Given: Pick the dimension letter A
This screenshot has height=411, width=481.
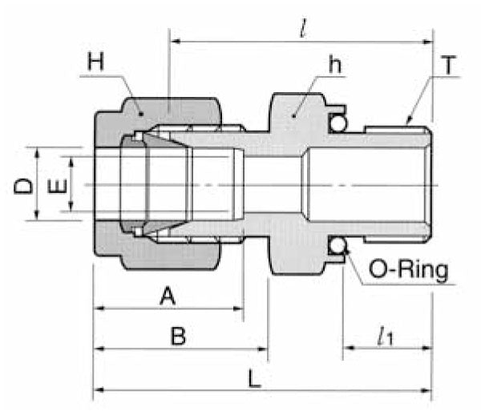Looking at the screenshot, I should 167,297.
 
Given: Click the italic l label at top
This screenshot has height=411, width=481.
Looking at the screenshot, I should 301,30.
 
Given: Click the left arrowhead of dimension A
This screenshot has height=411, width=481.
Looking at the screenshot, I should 99,308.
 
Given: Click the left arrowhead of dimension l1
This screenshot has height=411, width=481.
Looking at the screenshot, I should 349,349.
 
